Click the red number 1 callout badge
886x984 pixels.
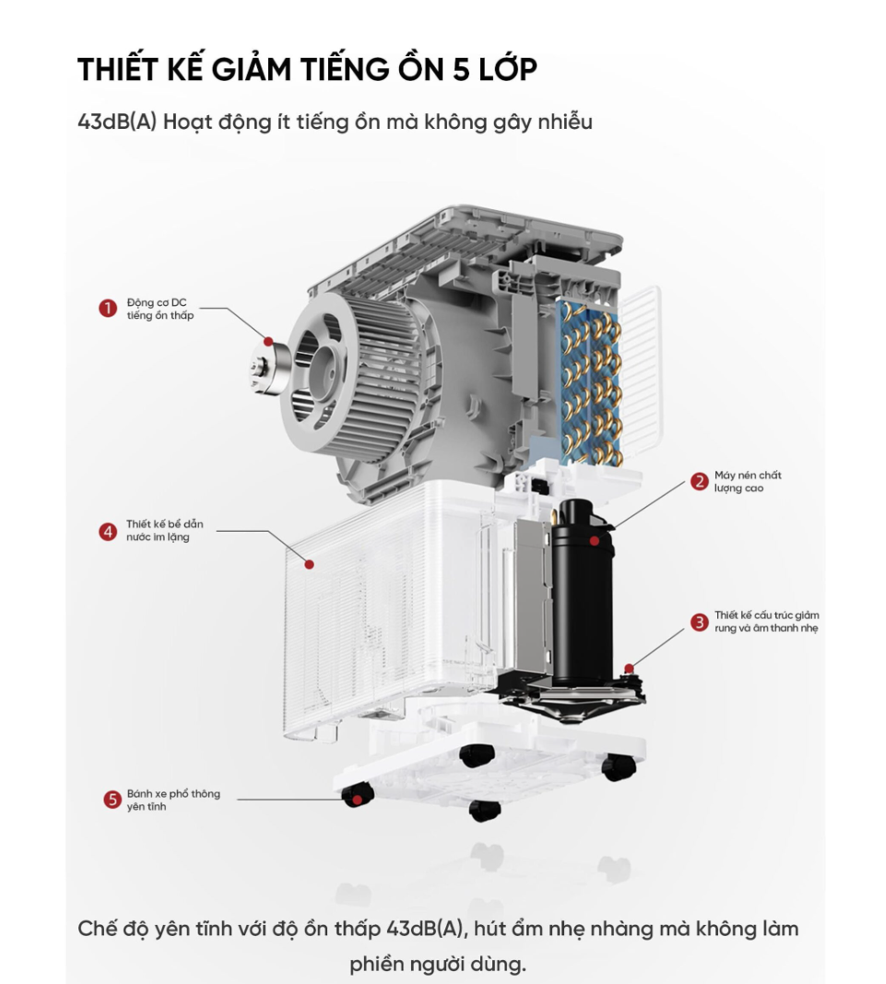click(107, 308)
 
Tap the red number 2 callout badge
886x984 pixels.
click(699, 481)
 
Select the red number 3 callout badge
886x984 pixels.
click(699, 622)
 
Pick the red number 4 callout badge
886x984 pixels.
click(107, 532)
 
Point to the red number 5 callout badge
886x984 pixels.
click(112, 800)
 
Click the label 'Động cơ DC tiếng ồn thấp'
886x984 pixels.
click(160, 309)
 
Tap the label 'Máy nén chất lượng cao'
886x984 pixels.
click(747, 481)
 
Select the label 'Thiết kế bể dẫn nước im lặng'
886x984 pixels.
click(164, 531)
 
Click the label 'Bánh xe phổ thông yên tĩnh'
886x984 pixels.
click(173, 800)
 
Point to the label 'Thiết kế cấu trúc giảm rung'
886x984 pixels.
click(767, 621)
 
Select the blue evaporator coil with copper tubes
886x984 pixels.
click(589, 382)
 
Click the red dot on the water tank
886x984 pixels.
click(309, 565)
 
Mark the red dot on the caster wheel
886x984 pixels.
click(357, 800)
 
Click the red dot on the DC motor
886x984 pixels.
click(268, 342)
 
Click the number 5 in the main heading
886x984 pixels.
click(461, 69)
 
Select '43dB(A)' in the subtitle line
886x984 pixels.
click(117, 121)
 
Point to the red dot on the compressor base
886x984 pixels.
click(629, 668)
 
